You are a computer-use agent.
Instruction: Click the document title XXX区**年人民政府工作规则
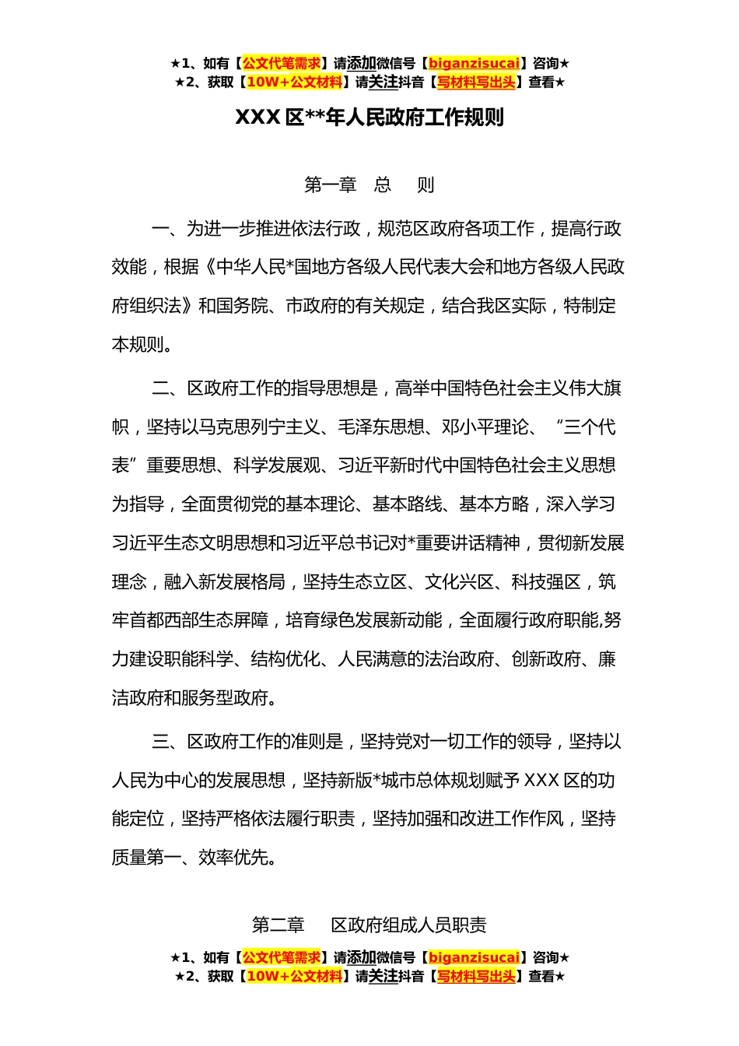click(x=369, y=118)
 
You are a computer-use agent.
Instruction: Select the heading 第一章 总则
click(x=369, y=185)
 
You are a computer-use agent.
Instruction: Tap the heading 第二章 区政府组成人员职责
click(x=369, y=925)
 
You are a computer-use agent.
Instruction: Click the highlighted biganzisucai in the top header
click(x=474, y=63)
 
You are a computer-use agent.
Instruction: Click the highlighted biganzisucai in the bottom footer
click(x=474, y=957)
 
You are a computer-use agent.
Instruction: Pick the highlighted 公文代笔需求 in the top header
click(x=282, y=63)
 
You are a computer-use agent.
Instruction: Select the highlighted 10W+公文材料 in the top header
click(x=294, y=82)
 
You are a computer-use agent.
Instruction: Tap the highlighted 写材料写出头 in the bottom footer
click(x=475, y=976)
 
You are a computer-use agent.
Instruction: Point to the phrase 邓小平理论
click(x=485, y=427)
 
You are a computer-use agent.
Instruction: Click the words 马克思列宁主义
click(x=260, y=427)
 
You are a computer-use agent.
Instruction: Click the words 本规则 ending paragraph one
click(x=138, y=345)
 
